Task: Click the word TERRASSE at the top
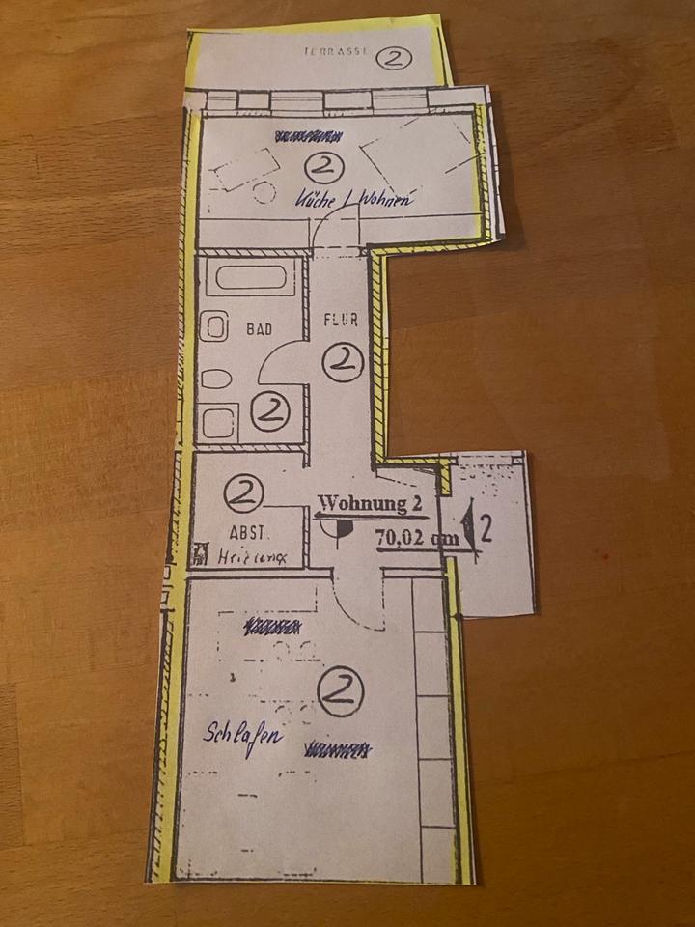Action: click(334, 54)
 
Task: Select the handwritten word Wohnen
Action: click(387, 201)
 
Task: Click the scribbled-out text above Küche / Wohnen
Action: click(308, 135)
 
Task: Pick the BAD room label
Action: click(258, 329)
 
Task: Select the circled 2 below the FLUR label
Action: click(342, 363)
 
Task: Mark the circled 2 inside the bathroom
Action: click(269, 412)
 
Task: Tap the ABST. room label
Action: click(247, 532)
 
